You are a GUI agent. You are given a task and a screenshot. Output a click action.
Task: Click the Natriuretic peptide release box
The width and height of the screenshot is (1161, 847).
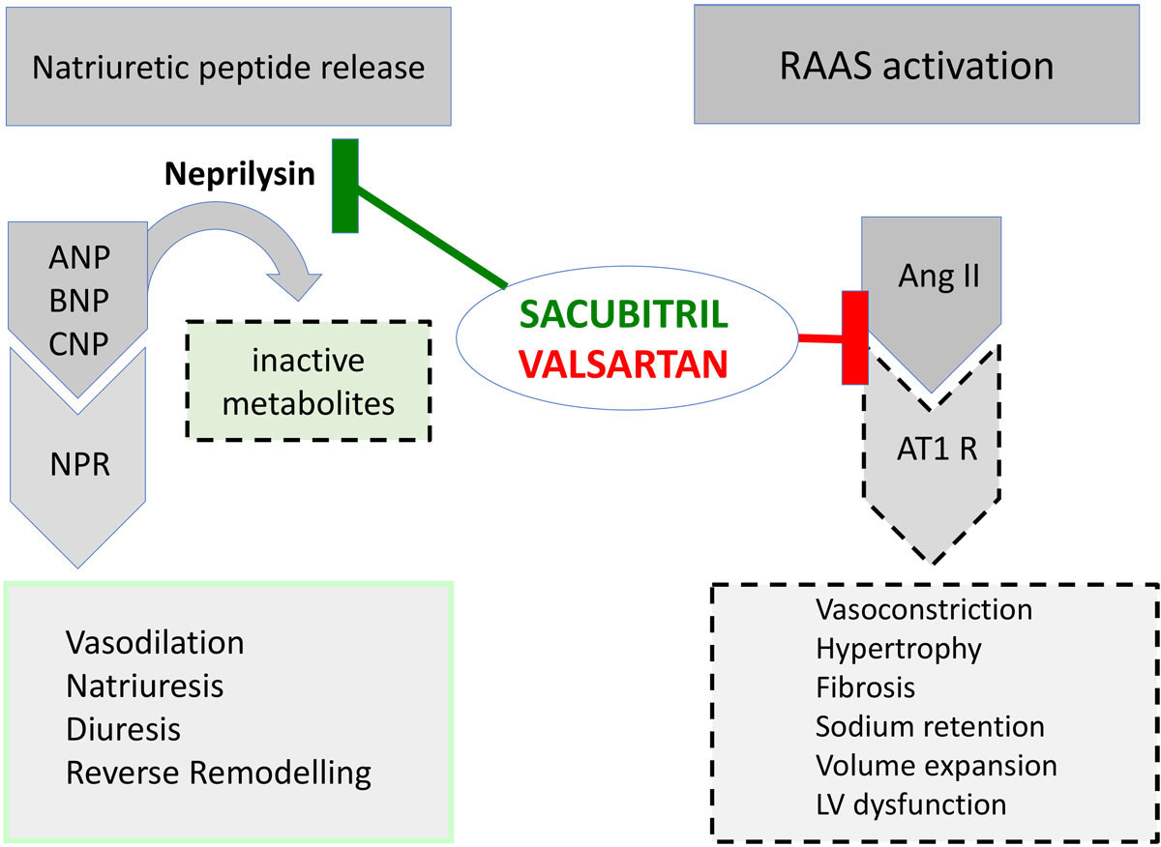(x=228, y=67)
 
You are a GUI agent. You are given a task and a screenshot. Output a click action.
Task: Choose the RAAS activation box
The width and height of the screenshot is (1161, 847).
(x=916, y=66)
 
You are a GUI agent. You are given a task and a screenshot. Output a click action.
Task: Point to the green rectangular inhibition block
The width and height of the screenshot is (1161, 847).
(x=345, y=186)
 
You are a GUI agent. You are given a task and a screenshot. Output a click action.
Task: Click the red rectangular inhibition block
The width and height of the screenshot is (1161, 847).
(x=854, y=336)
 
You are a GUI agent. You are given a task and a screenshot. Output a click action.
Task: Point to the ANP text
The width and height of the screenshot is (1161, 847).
(x=77, y=259)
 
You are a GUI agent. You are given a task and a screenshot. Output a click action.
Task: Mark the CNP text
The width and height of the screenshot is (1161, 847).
(x=77, y=344)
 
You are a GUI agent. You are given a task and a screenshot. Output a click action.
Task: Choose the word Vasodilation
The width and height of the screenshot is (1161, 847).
(x=155, y=643)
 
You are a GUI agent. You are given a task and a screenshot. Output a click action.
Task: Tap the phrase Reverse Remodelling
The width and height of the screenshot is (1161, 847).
(x=219, y=774)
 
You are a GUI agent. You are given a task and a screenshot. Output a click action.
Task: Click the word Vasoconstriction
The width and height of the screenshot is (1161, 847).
(x=924, y=610)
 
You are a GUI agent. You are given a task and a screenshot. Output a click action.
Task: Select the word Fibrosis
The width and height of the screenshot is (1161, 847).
(x=866, y=687)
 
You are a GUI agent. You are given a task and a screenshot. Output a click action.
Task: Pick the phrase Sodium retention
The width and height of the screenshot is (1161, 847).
(x=930, y=726)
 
